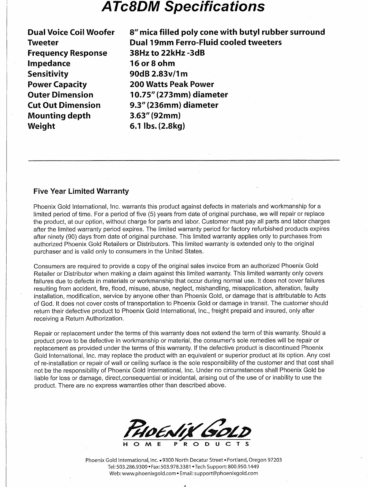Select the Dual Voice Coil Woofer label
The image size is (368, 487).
pos(71,32)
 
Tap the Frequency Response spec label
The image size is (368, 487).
pos(67,53)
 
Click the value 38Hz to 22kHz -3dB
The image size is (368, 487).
pos(167,53)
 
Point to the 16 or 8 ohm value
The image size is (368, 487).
pos(153,63)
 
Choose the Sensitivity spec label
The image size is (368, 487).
pos(48,74)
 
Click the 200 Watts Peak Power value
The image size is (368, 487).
pos(172,84)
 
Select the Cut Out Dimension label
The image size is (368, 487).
pos(64,105)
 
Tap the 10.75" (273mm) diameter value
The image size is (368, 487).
pos(179,95)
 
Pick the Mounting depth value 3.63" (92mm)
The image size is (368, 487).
pos(156,115)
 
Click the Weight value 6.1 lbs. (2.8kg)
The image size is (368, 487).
pos(158,126)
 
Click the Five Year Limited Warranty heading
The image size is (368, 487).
pos(81,191)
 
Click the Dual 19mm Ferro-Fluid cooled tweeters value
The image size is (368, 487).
pos(206,42)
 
